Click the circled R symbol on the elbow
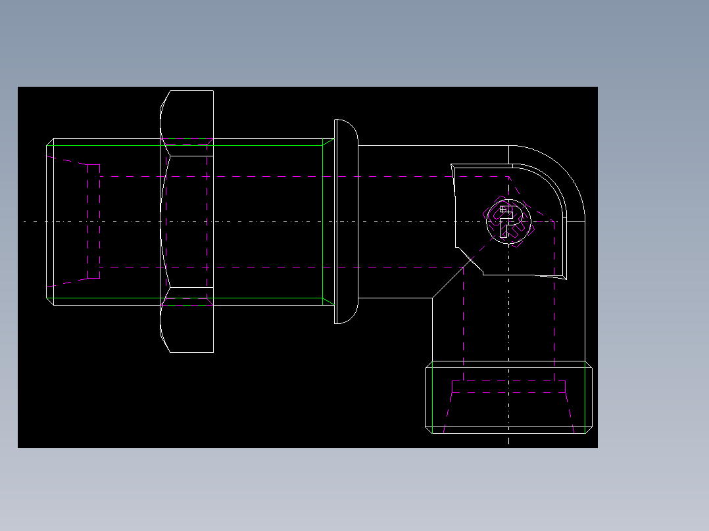click(x=508, y=221)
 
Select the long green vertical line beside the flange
click(x=323, y=221)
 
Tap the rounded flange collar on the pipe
click(x=347, y=221)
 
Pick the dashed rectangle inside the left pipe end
click(x=93, y=221)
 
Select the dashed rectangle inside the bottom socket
click(x=508, y=386)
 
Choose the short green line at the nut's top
click(x=187, y=139)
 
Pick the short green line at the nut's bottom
click(x=187, y=305)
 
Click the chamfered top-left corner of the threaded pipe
click(x=50, y=142)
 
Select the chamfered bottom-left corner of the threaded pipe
click(x=50, y=301)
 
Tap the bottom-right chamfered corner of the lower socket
click(x=589, y=430)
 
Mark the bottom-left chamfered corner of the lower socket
click(x=429, y=430)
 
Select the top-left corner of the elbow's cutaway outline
click(x=452, y=166)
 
